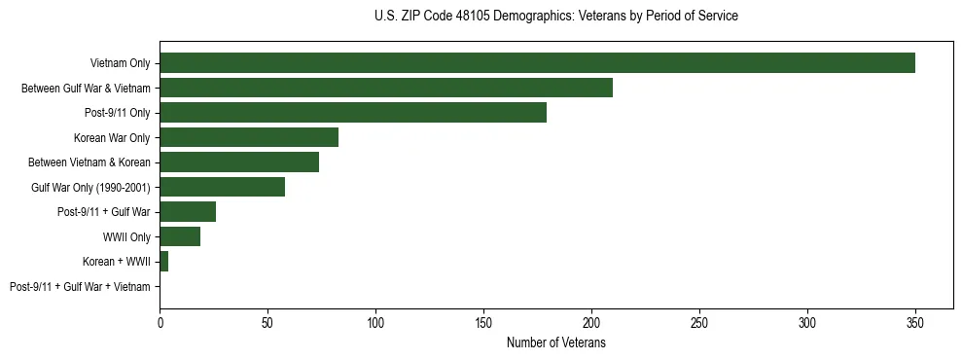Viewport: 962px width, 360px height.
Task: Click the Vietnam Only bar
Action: pos(537,63)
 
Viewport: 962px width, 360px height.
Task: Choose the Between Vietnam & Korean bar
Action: pos(239,162)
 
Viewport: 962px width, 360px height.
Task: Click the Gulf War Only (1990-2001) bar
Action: pos(222,187)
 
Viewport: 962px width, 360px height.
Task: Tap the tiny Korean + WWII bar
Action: pos(164,262)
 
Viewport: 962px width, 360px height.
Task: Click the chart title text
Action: pos(555,17)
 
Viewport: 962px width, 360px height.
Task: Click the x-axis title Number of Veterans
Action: pos(555,342)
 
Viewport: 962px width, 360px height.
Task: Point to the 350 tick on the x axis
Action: pos(915,321)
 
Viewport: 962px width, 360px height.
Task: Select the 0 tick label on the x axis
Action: pos(160,321)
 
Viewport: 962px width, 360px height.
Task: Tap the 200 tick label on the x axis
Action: pos(591,321)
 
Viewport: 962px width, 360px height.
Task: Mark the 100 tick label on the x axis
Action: pos(375,321)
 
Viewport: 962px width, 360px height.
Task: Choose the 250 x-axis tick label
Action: pos(699,321)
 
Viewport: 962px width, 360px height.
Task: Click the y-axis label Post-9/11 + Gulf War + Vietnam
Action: pos(80,287)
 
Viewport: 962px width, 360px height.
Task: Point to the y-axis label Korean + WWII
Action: pos(116,262)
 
